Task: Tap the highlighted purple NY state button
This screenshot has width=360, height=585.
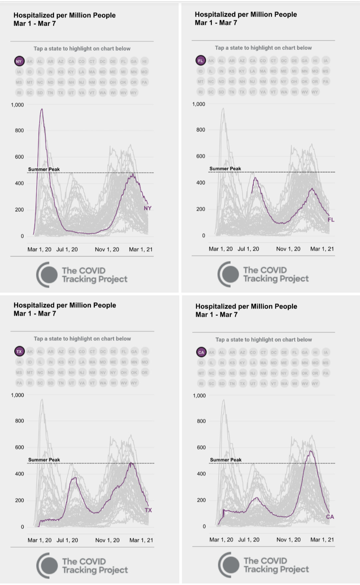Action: coord(19,61)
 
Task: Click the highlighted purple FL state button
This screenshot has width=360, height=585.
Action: coord(200,61)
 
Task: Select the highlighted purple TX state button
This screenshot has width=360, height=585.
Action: coord(19,352)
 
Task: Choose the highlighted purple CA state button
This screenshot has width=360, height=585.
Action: coord(201,352)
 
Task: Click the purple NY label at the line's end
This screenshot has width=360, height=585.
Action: coord(148,208)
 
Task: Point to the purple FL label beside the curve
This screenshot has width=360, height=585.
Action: coord(331,219)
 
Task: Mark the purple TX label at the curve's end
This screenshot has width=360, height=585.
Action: coord(148,510)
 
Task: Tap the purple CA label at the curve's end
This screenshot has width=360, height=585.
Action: coord(330,517)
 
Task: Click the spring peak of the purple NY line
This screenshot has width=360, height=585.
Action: coord(42,109)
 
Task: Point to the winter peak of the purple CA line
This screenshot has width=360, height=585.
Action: coord(311,451)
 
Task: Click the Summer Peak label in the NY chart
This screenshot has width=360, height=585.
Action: coord(44,169)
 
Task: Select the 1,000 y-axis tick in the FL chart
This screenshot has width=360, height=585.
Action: coord(199,104)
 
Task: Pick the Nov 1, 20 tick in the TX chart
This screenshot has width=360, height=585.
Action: coord(107,540)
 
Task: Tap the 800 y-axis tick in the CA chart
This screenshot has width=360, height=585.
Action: coord(201,421)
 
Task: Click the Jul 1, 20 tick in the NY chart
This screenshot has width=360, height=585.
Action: coord(67,249)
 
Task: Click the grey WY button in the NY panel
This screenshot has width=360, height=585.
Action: coord(134,93)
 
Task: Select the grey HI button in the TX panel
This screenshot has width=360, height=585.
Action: coord(145,352)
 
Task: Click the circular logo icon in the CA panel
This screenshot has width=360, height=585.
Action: coord(229,565)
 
